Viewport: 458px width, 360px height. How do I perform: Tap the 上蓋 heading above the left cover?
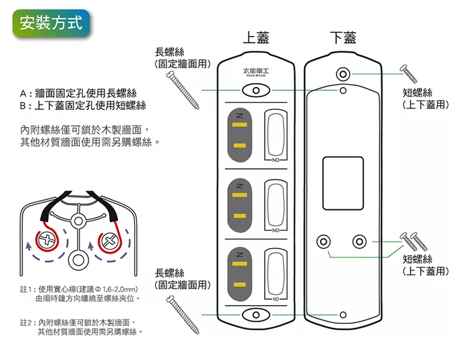[256, 38]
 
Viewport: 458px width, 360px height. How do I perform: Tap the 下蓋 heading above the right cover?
[343, 38]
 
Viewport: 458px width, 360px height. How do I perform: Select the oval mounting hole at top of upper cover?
[256, 91]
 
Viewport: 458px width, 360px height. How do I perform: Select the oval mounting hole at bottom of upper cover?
[256, 314]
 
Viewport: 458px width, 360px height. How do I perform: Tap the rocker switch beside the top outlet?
[274, 134]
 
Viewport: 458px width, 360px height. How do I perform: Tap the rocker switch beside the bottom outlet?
[274, 272]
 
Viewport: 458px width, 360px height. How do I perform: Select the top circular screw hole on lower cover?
[343, 74]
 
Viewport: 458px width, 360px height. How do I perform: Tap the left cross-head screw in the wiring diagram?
[46, 240]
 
